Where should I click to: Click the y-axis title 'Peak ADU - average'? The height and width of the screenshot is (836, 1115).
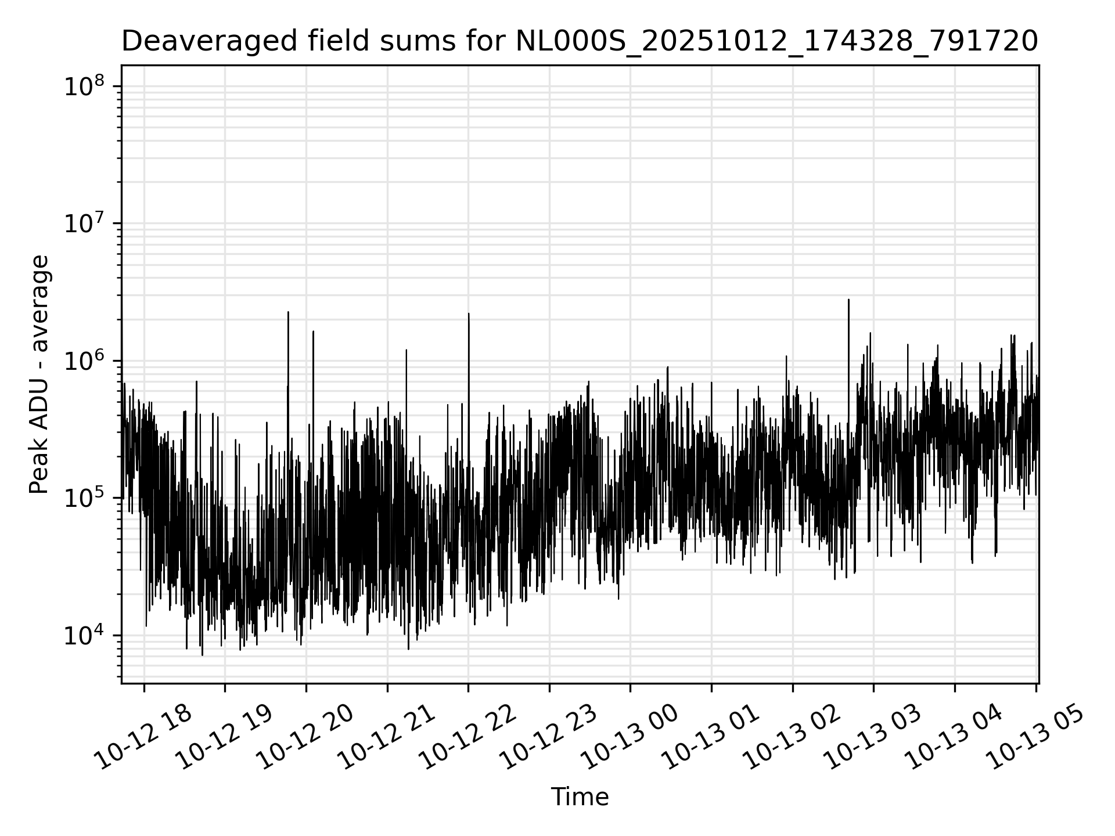pos(39,374)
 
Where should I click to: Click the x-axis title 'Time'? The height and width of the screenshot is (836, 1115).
pos(580,797)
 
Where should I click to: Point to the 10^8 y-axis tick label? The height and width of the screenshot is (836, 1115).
pos(84,87)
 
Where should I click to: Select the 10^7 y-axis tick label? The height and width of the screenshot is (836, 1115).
pos(84,224)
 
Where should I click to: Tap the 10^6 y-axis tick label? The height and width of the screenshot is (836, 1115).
pos(84,361)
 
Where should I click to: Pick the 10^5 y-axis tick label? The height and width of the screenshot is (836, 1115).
pos(84,498)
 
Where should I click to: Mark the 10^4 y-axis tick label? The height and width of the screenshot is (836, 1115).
pos(84,636)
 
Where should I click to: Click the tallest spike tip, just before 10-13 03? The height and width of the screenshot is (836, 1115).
pos(848,300)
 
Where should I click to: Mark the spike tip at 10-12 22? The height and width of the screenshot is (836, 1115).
pos(469,313)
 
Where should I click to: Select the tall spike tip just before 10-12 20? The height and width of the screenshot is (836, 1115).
pos(288,312)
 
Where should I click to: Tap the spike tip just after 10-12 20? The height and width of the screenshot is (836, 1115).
pos(313,331)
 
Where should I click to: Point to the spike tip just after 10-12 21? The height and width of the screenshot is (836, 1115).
pos(406,350)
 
